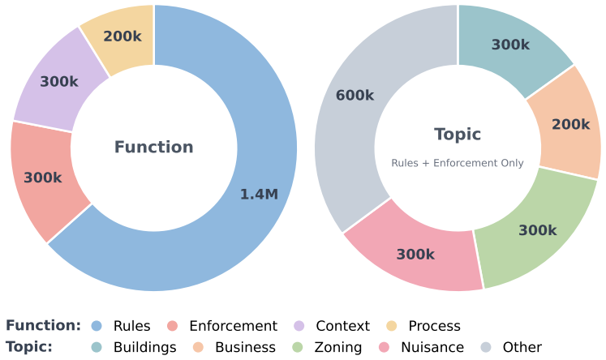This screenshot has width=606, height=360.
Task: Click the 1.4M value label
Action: coord(259,194)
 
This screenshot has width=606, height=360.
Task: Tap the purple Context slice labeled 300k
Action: coord(60,82)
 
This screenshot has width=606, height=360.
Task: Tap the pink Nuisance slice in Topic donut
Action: coord(415,254)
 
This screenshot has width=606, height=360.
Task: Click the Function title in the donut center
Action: coord(154,148)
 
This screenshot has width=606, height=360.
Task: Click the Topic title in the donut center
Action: coord(458,135)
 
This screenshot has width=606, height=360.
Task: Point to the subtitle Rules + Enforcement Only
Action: coord(458,163)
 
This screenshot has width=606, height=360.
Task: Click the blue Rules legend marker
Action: coord(97,326)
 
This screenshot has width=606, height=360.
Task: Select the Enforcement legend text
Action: coord(233,326)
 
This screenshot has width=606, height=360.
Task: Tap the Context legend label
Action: coord(343,326)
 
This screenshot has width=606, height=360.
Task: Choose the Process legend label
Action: coord(434,326)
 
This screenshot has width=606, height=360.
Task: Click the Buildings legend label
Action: coord(145,347)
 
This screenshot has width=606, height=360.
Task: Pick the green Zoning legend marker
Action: coord(298,347)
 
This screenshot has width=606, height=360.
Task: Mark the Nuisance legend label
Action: coord(432,347)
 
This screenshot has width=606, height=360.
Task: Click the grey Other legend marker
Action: coord(486,347)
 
